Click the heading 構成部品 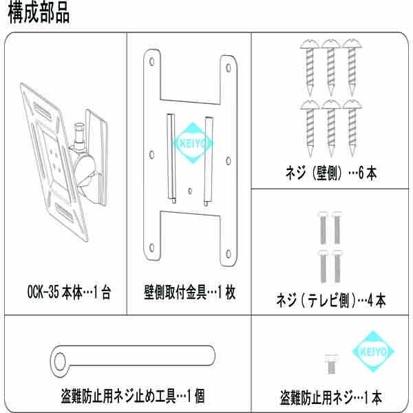[x=39, y=14]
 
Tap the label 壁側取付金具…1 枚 [x=189, y=293]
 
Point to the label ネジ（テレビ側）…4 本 [x=330, y=301]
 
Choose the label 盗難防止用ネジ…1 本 [x=331, y=397]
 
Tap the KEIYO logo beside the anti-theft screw [x=374, y=352]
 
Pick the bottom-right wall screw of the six [x=353, y=128]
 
